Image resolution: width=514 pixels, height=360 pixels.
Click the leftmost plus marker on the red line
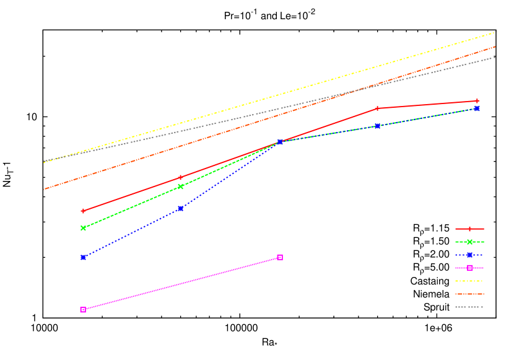83,211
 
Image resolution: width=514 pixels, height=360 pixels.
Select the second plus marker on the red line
180,177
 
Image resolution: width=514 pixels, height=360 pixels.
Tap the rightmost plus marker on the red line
477,100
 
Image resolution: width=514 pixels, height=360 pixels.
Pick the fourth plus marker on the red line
377,108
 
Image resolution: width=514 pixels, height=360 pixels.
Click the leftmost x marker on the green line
83,228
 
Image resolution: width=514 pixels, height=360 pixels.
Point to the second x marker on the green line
180,187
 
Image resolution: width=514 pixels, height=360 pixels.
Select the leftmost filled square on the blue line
83,257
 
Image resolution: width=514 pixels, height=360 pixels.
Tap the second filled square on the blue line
180,209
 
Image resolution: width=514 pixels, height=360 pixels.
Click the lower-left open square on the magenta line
83,309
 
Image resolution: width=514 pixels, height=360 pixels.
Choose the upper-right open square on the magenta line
280,257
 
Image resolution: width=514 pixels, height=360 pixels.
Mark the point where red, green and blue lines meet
280,142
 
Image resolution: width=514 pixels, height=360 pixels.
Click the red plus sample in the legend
469,229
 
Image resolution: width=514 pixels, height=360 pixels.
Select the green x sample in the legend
469,242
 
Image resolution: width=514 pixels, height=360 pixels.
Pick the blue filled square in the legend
469,255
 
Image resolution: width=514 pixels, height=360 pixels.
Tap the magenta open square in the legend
469,268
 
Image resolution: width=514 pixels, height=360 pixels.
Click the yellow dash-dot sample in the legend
469,281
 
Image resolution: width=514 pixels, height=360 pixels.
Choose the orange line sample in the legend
469,294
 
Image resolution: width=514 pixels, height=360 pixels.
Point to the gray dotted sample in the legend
469,307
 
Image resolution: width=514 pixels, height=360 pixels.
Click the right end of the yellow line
494,32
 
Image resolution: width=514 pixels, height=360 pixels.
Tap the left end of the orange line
44,189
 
